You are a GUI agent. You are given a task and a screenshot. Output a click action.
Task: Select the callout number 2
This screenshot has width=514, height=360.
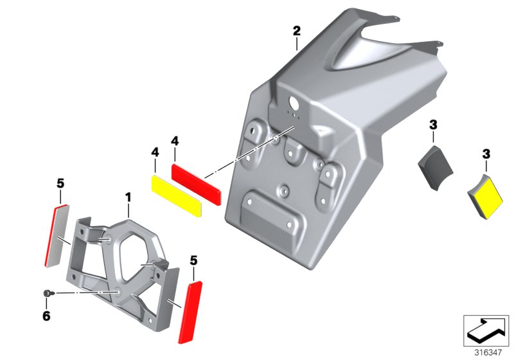tap(296, 30)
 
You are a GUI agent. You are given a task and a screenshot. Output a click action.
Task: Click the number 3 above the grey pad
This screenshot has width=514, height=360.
tap(433, 124)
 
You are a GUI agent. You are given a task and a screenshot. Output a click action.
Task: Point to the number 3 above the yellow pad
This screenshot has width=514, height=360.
tap(486, 154)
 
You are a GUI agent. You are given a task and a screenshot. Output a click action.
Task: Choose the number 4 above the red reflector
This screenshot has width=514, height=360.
tap(174, 139)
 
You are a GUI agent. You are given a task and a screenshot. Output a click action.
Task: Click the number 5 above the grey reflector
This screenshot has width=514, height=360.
tap(60, 183)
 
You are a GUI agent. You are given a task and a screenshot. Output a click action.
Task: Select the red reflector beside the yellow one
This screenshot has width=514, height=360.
tap(197, 183)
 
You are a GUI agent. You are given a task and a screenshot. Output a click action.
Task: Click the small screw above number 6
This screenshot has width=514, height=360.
tap(48, 293)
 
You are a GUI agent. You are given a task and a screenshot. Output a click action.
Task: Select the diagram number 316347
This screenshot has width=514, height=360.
tap(488, 352)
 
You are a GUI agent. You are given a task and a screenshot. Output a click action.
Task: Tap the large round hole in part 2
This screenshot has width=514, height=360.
tap(294, 102)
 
